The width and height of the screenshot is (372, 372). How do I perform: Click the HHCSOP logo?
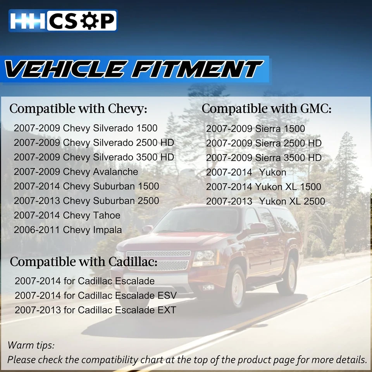tap(63, 21)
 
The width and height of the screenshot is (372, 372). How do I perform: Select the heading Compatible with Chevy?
tap(78, 109)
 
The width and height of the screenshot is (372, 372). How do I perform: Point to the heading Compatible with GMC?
tap(267, 109)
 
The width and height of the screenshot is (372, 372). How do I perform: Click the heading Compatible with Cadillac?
tap(84, 262)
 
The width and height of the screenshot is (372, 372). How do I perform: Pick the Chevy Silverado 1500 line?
tap(86, 128)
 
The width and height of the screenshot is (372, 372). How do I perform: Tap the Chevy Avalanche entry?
tap(76, 172)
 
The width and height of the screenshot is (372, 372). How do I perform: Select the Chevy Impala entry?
tap(68, 230)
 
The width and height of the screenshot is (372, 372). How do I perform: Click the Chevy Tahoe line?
tap(67, 215)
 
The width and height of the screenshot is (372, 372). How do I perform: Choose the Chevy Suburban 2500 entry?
tap(86, 201)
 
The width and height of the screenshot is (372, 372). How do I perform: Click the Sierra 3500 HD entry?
tap(263, 158)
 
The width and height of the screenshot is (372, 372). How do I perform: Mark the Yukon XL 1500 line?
tap(263, 187)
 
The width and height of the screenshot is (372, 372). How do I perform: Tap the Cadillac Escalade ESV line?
tap(96, 296)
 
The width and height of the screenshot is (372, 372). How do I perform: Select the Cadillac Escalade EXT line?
tap(95, 310)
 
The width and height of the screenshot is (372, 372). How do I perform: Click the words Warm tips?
tap(31, 345)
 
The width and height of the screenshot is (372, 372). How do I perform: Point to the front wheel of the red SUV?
tap(236, 287)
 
